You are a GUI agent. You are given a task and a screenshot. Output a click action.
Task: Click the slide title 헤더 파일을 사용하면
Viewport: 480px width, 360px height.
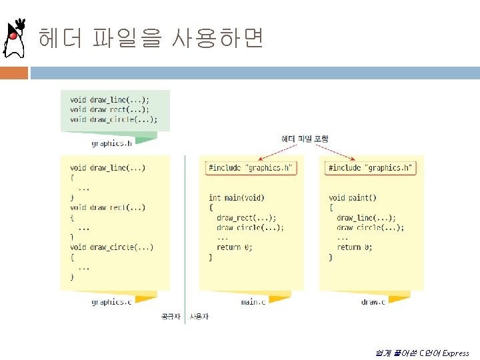click(x=151, y=39)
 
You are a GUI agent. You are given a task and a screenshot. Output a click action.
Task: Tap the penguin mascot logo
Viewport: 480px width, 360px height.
click(x=15, y=39)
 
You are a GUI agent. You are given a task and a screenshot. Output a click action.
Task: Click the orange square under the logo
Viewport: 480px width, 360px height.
click(x=14, y=72)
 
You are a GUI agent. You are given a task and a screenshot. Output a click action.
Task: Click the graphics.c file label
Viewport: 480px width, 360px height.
click(x=111, y=302)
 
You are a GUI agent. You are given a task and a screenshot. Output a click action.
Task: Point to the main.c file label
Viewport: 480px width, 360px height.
click(x=253, y=302)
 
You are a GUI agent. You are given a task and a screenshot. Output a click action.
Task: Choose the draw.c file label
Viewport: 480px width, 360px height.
click(x=373, y=302)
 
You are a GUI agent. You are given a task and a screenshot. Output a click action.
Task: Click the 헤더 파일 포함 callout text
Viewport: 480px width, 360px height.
click(x=305, y=139)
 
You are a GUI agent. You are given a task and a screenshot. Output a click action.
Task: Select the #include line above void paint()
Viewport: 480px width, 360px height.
click(x=371, y=168)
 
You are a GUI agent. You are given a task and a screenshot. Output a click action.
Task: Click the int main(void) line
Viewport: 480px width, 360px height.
click(x=236, y=198)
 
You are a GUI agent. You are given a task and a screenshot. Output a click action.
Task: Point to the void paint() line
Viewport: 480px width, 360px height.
click(x=353, y=198)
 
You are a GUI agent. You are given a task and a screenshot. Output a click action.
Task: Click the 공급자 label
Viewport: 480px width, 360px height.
click(x=171, y=315)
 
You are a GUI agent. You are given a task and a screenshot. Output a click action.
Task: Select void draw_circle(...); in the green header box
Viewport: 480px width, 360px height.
click(x=114, y=119)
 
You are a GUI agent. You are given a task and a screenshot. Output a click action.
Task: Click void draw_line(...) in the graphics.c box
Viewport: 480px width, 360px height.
click(x=107, y=168)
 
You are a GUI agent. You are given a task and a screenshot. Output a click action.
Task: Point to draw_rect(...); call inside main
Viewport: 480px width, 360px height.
click(x=246, y=218)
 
